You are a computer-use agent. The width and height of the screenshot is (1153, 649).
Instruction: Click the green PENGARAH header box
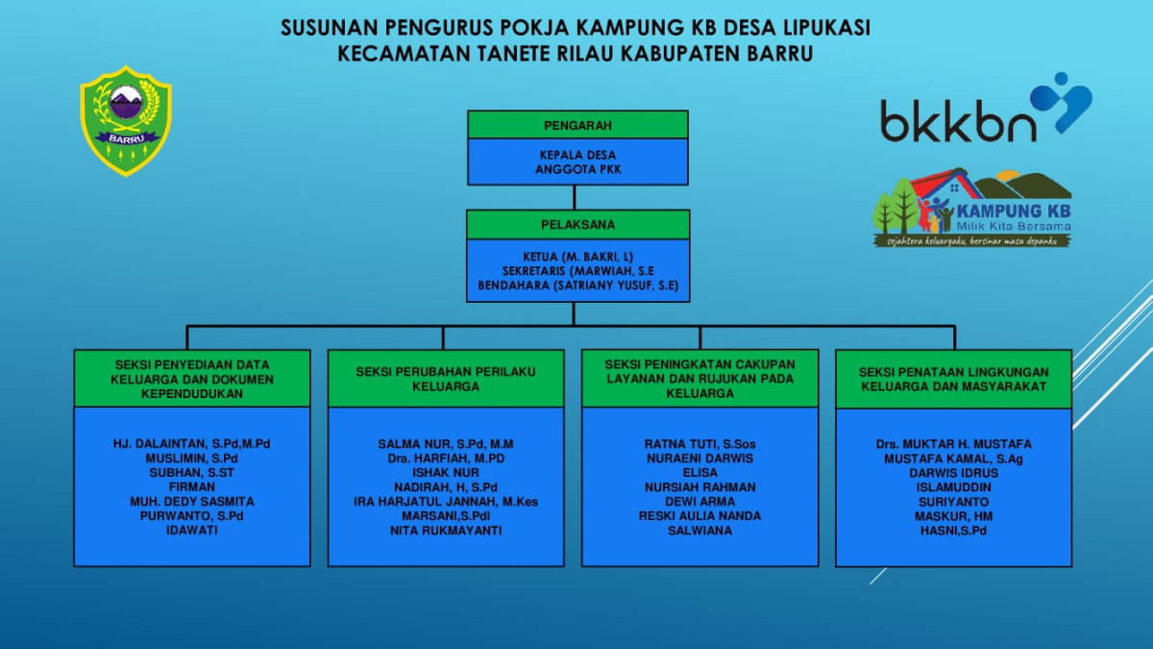577,125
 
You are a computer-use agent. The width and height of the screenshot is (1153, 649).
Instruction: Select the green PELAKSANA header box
577,225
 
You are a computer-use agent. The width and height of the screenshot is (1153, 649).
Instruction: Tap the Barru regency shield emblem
126,120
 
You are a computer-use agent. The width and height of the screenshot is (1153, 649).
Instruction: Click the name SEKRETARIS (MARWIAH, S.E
577,271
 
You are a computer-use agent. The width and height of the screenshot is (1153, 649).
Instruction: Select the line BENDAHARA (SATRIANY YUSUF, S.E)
577,286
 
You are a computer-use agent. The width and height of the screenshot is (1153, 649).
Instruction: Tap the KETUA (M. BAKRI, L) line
577,257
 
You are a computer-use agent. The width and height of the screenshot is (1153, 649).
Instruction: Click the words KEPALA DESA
577,155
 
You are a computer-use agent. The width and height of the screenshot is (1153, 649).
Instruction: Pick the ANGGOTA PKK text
577,169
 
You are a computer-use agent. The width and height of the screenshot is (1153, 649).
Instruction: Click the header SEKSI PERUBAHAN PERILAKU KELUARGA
446,379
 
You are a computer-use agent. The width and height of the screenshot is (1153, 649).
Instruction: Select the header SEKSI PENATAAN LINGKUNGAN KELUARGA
953,379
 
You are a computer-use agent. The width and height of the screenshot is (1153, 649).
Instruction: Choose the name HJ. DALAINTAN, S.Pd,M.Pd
192,444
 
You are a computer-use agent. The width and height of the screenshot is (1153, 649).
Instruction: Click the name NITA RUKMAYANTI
446,531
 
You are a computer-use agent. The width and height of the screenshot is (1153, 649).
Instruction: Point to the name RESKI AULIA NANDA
699,516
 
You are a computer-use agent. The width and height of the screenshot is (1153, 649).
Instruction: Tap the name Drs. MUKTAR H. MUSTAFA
953,444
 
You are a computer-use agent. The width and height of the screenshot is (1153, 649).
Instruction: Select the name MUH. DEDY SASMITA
192,502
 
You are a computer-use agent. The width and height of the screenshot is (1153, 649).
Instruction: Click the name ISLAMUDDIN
953,487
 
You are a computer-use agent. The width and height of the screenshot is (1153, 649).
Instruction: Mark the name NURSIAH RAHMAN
699,487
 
